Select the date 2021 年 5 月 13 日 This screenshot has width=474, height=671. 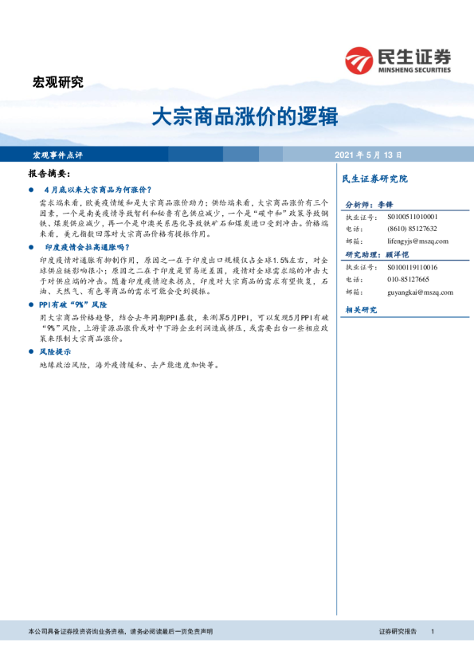point(368,155)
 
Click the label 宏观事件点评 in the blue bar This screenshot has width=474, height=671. point(57,155)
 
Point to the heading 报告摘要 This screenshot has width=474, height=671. point(49,173)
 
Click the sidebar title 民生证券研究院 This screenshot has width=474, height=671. point(374,179)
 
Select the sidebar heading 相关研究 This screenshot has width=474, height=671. point(360,309)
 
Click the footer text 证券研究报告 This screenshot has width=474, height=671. point(398,631)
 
